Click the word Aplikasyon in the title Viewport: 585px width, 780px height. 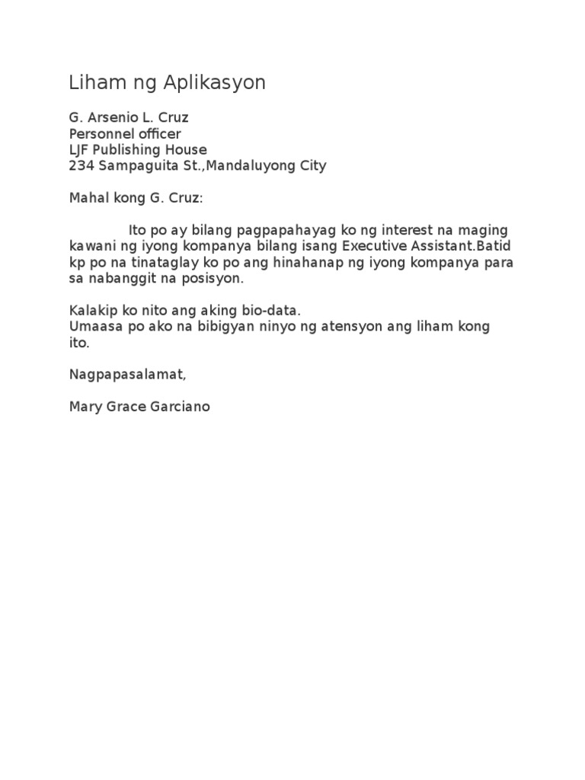(x=221, y=84)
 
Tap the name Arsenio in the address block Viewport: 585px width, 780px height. (x=110, y=118)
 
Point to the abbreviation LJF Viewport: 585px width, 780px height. (x=79, y=150)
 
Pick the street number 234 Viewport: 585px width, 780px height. (x=80, y=166)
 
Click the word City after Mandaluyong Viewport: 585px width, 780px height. (x=312, y=166)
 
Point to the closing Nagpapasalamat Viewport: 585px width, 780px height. (x=126, y=375)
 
